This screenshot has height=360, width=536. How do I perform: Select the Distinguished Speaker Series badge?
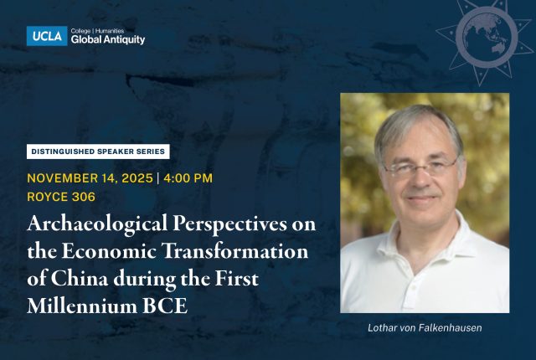coord(98,152)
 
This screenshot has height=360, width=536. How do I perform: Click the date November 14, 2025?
coord(88,178)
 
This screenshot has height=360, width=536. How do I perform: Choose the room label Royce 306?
coord(62,198)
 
